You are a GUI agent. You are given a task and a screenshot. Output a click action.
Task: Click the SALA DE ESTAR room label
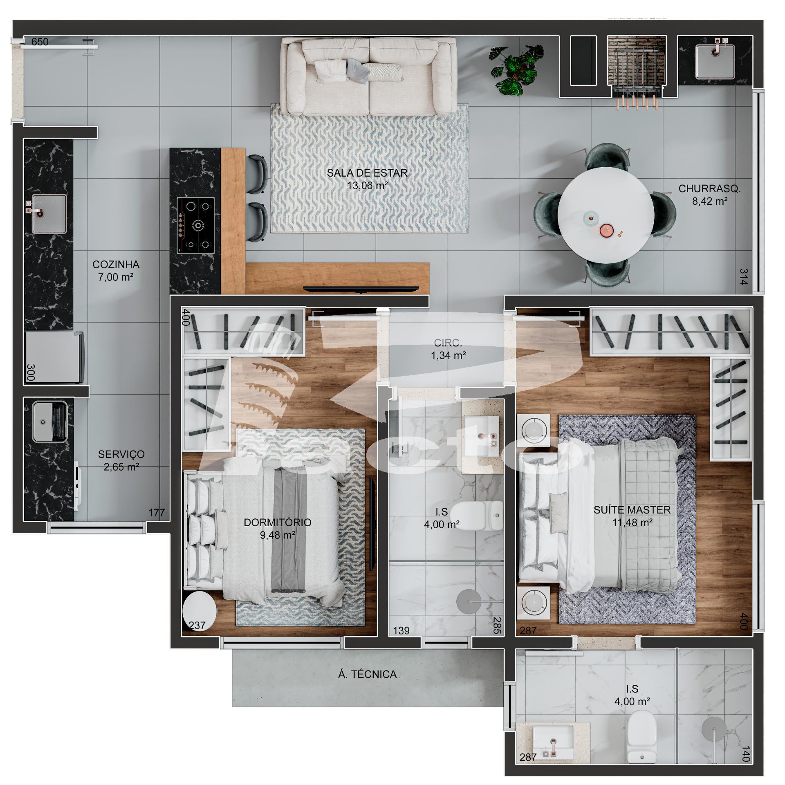(367, 173)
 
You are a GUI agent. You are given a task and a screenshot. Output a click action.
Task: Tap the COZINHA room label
(116, 265)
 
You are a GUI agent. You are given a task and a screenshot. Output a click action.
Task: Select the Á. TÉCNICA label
(367, 674)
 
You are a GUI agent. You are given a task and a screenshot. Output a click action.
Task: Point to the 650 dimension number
(40, 42)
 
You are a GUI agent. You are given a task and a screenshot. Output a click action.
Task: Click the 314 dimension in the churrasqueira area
(744, 277)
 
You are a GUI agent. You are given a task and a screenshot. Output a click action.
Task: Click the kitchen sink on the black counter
(49, 214)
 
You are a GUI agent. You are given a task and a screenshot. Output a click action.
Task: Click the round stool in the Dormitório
(200, 614)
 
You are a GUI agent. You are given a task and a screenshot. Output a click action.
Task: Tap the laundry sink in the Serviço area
(49, 422)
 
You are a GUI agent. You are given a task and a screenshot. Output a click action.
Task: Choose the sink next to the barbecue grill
(715, 61)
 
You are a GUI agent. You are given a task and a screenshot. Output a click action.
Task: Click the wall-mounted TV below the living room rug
(361, 289)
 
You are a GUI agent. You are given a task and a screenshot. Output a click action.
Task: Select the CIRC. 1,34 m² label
(448, 349)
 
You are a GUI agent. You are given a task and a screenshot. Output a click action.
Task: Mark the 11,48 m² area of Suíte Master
(632, 523)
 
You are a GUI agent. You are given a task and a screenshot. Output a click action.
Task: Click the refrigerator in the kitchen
(55, 357)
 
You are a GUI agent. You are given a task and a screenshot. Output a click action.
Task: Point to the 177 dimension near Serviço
(157, 513)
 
